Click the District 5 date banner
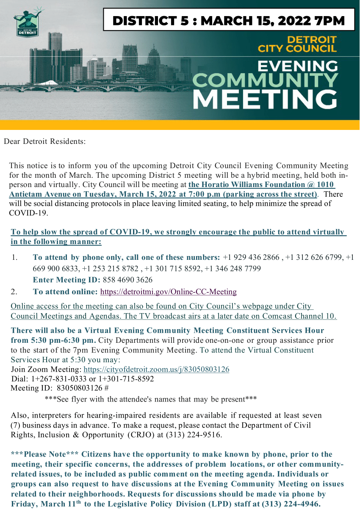pyautogui.click(x=229, y=19)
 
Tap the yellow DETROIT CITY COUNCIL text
pyautogui.click(x=297, y=44)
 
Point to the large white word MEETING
pyautogui.click(x=265, y=97)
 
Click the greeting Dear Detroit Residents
pyautogui.click(x=45, y=141)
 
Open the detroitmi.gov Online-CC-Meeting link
pyautogui.click(x=169, y=292)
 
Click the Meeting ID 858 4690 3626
pyautogui.click(x=127, y=280)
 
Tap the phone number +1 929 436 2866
pyautogui.click(x=251, y=257)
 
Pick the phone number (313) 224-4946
pyautogui.click(x=291, y=504)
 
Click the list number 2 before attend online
pyautogui.click(x=14, y=292)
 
